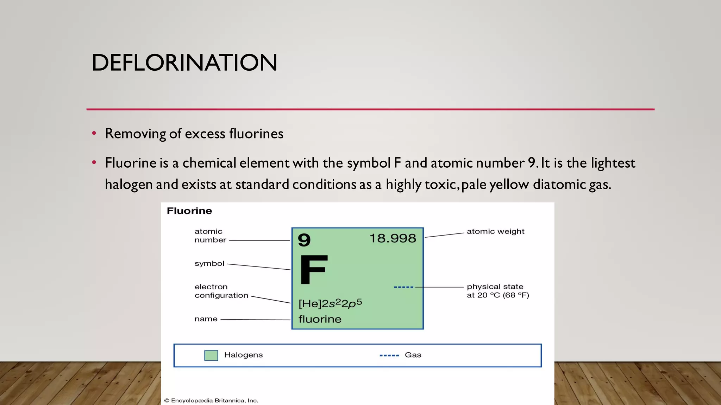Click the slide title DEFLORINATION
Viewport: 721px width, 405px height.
pos(184,63)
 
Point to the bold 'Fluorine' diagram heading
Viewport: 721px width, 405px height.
pos(189,211)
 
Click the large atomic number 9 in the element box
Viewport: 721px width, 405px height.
pos(304,240)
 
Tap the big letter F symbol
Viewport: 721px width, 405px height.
pos(313,269)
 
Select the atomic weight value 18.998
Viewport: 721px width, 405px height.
pos(393,239)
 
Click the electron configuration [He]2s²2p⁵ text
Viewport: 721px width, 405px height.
pos(330,303)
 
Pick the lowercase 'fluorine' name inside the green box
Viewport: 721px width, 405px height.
pos(320,319)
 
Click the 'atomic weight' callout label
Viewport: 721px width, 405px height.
pos(495,231)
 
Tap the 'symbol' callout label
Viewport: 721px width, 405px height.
pos(209,263)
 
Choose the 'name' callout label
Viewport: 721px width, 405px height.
pos(206,319)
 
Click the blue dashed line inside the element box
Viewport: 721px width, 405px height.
pos(403,287)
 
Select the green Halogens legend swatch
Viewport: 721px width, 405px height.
pos(211,355)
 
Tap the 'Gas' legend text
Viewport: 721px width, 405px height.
pos(413,355)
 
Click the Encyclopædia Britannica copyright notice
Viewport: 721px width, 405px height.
pos(211,400)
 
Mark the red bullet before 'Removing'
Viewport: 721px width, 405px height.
pos(94,133)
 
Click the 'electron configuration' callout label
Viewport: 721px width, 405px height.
pos(221,291)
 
